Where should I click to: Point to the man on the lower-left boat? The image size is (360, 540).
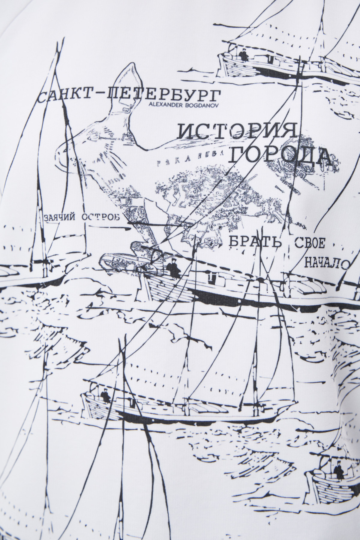tap(105, 395)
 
